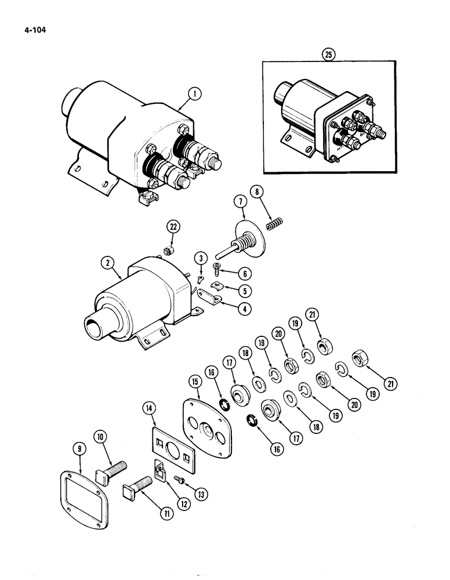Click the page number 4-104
[27, 26]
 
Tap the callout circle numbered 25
[329, 55]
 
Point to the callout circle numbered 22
[171, 226]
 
